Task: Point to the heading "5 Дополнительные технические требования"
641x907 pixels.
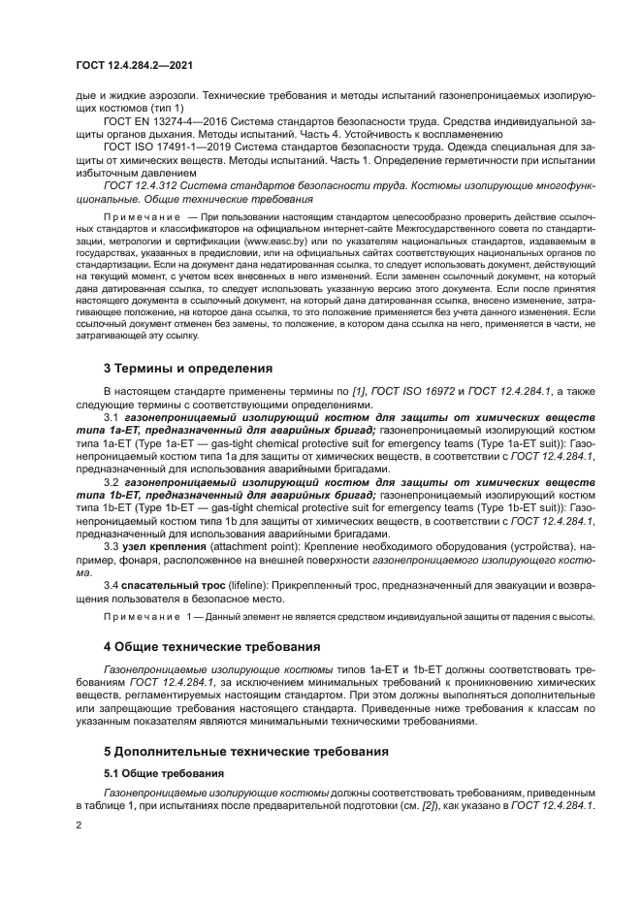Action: click(x=245, y=751)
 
